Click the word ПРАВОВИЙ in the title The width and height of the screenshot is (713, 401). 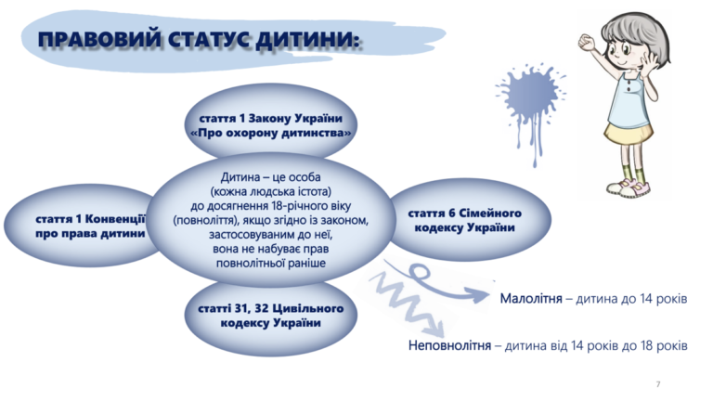[99, 40]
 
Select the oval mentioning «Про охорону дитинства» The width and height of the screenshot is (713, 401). [270, 123]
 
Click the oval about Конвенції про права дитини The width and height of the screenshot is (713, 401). [82, 226]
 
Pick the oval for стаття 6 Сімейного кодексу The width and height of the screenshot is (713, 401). [468, 220]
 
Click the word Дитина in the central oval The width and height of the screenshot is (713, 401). [240, 177]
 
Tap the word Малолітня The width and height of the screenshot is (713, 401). [531, 299]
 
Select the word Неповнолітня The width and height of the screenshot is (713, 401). [449, 345]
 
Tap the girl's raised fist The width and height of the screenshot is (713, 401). [587, 42]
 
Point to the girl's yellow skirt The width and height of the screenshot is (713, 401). [629, 134]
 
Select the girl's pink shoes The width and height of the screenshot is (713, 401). [629, 187]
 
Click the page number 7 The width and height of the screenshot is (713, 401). [658, 384]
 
